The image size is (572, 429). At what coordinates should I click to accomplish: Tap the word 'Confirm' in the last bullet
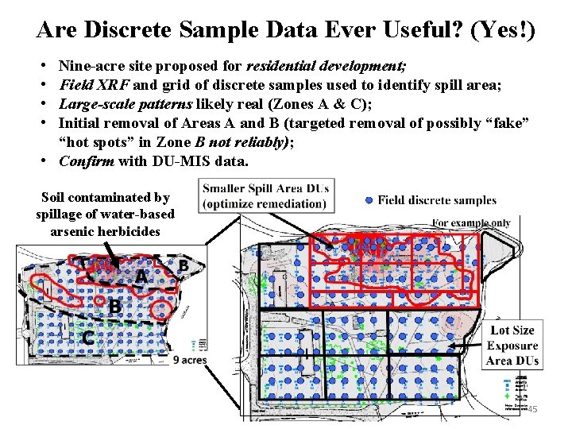(87, 161)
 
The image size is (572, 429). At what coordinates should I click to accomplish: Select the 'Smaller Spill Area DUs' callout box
(265, 196)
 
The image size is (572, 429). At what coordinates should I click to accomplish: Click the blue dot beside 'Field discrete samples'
(367, 200)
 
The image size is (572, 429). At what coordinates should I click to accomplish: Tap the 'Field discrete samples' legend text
(437, 200)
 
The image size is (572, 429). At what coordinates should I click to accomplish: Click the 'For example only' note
(470, 222)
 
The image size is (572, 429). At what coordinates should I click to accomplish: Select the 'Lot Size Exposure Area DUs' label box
(512, 346)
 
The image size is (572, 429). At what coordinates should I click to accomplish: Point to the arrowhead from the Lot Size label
(450, 344)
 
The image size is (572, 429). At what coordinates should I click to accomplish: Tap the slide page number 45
(531, 408)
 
